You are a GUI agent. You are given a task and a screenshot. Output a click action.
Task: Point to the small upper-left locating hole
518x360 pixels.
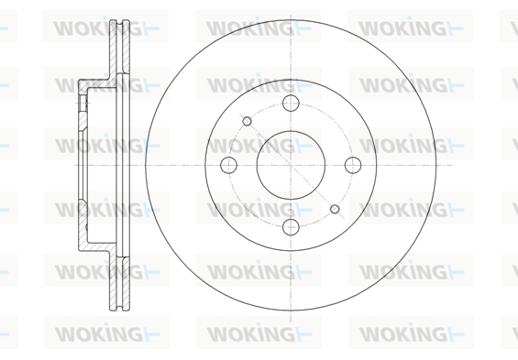point(247,121)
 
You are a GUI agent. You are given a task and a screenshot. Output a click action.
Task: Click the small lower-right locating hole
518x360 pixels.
point(335,209)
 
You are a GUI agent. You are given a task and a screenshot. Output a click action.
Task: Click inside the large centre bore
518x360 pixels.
point(291,165)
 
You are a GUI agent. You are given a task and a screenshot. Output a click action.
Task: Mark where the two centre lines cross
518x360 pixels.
point(291,165)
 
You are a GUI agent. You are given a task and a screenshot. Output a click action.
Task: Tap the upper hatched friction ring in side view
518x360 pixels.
point(119,46)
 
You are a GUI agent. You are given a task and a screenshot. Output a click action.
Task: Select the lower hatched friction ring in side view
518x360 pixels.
point(119,283)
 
